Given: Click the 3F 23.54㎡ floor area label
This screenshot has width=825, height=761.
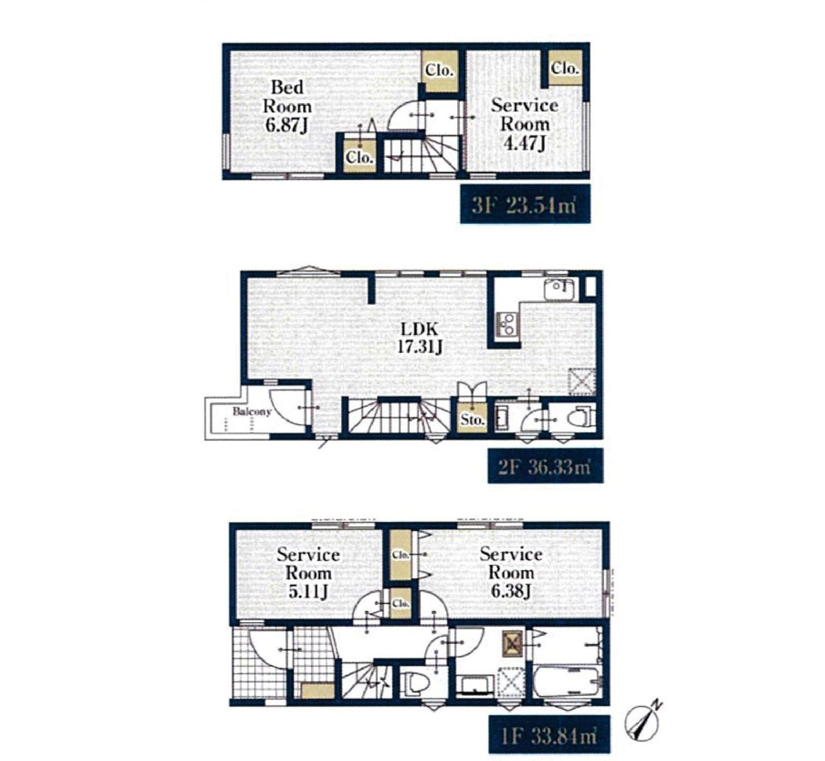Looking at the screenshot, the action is [525, 205].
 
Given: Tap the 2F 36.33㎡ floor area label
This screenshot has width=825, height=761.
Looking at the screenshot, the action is [545, 467].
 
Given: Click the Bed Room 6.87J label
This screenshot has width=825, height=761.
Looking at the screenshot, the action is [287, 106].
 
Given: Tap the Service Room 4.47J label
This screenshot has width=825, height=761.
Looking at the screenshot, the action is [525, 124].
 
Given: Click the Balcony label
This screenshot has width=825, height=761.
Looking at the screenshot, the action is [252, 411].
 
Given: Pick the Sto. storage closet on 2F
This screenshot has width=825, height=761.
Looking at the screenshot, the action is [472, 419].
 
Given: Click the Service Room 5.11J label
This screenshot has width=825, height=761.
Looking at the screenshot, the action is [308, 573].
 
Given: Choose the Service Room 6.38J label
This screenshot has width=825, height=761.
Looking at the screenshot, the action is [510, 572].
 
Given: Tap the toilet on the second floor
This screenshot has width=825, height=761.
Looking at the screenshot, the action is [581, 417].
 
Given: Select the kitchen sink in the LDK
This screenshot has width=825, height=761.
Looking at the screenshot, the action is [559, 289].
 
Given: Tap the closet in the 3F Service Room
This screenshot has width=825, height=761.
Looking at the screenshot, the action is [565, 68].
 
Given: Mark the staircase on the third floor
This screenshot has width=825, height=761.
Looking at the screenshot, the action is [420, 155].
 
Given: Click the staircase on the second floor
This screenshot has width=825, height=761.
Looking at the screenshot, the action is [399, 416].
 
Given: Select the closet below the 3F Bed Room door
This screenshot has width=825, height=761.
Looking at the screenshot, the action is [360, 156].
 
